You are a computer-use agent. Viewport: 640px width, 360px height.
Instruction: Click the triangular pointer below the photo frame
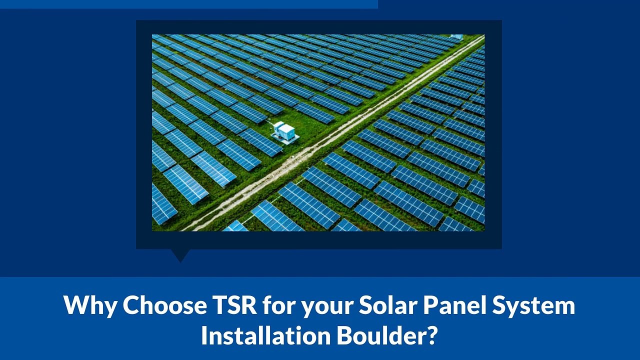[180, 254]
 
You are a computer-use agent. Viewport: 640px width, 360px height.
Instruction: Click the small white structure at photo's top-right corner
[456, 37]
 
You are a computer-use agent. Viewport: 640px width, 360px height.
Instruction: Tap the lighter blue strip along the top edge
[188, 4]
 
